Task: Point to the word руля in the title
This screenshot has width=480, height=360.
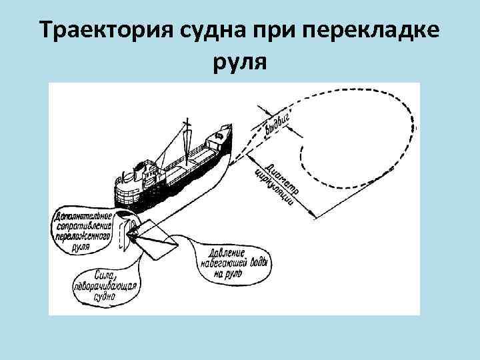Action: pyautogui.click(x=239, y=63)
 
